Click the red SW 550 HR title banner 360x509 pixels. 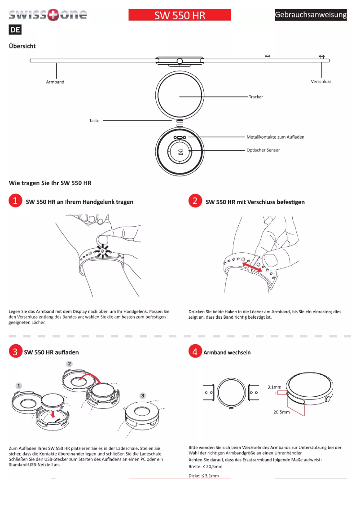180,15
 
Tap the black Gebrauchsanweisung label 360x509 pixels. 311,15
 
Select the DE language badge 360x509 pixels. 15,31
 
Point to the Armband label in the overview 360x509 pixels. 55,82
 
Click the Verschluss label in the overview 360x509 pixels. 321,82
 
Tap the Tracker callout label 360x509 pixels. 256,97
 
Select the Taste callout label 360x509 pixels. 94,121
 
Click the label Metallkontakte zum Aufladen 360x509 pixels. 275,137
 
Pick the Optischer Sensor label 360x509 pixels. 263,150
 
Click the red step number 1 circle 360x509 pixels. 15,201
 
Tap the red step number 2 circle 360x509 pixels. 195,201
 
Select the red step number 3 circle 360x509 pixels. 15,352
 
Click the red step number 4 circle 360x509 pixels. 195,352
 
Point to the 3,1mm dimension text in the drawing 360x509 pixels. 274,386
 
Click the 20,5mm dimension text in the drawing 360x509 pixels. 281,412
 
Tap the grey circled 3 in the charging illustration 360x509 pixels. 142,395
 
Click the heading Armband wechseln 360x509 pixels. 227,352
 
